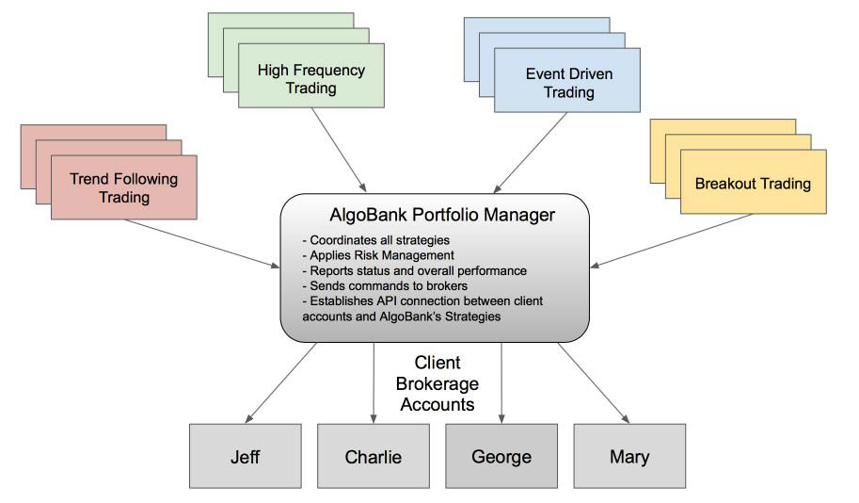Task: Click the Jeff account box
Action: [x=246, y=458]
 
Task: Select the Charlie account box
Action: [x=374, y=458]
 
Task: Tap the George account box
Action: [x=501, y=458]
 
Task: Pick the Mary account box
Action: [x=628, y=458]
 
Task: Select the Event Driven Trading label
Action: [x=568, y=81]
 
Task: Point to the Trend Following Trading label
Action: [x=124, y=187]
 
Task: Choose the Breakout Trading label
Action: [x=753, y=183]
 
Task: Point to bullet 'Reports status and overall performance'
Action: [x=415, y=270]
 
